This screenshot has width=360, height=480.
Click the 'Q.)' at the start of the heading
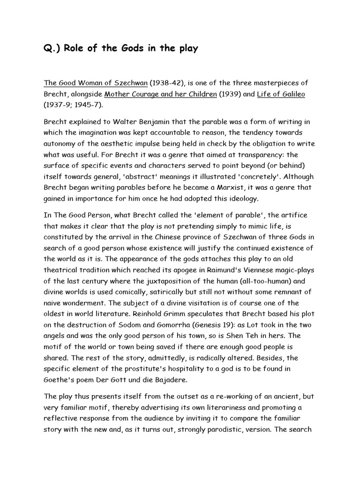pos(51,49)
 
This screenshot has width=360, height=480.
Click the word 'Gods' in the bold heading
pos(123,49)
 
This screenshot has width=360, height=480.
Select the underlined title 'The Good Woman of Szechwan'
pos(96,83)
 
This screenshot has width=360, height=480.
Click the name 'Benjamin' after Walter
pos(155,121)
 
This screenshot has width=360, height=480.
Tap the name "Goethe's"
pos(60,380)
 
